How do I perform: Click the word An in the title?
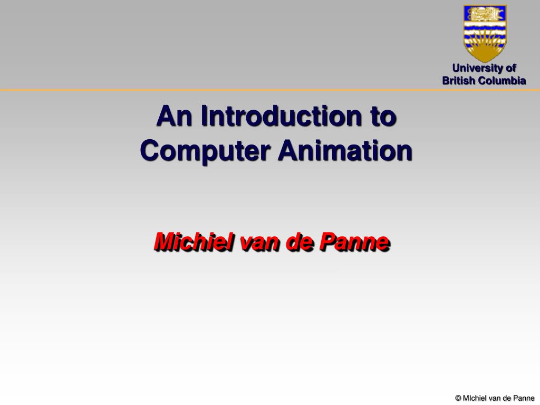click(x=174, y=116)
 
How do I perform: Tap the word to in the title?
click(x=383, y=117)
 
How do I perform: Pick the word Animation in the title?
click(x=345, y=150)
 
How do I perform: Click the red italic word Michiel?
click(x=194, y=242)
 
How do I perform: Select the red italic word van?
click(x=261, y=244)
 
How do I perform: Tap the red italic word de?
click(x=300, y=242)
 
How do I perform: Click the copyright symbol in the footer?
click(x=458, y=398)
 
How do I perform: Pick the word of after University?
click(x=511, y=68)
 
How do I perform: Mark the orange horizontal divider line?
click(x=270, y=90)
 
